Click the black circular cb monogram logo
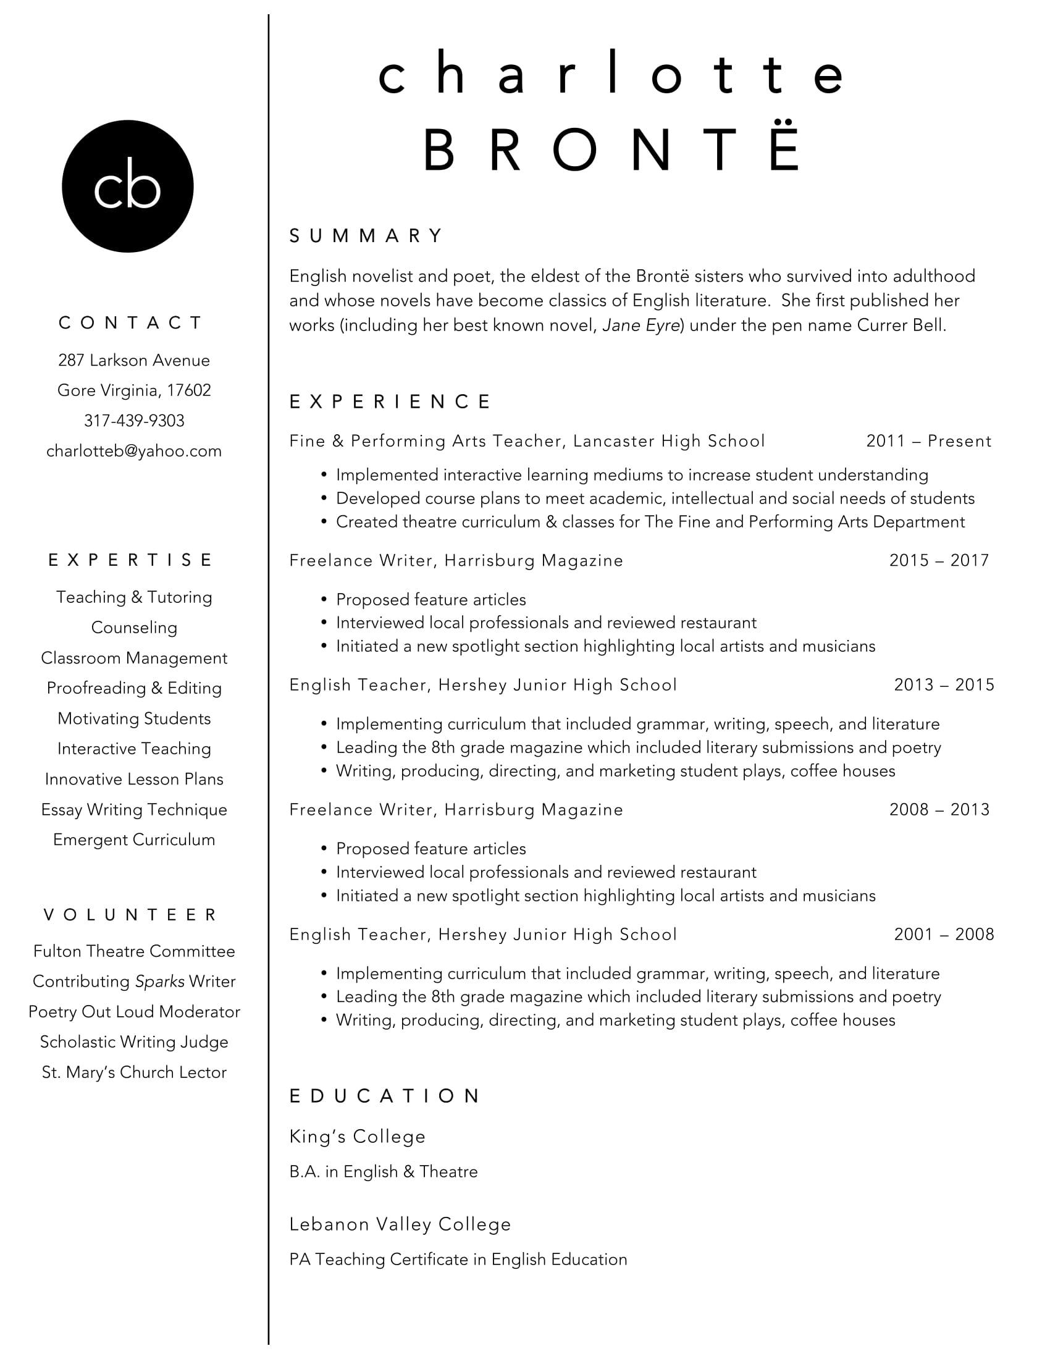127,186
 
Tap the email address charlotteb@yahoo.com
134,450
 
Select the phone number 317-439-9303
134,421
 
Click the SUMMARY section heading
366,235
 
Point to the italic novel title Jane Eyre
640,326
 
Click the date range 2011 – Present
928,441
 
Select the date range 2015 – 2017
939,561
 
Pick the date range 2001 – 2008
944,934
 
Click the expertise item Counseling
134,627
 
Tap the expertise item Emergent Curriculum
134,839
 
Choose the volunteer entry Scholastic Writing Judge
134,1041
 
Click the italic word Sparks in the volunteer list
160,982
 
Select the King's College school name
357,1137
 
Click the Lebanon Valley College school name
400,1224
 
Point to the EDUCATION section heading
384,1096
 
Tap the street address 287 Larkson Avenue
134,360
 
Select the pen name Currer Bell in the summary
901,326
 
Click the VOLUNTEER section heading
130,915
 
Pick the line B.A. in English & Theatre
383,1172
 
